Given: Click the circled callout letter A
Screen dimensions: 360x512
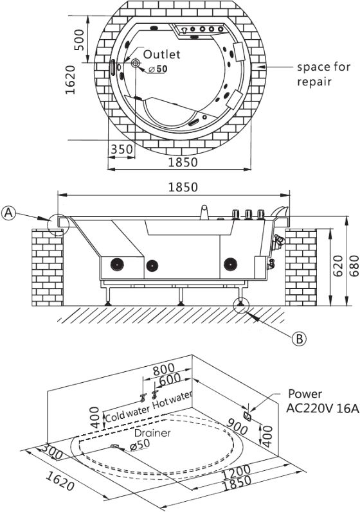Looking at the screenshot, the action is pyautogui.click(x=9, y=213).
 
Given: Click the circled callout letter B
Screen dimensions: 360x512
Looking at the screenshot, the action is pyautogui.click(x=299, y=339).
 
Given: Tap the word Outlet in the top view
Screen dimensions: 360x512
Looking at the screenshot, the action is pyautogui.click(x=162, y=54).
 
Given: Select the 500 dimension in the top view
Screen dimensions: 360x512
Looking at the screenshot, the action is pyautogui.click(x=78, y=40).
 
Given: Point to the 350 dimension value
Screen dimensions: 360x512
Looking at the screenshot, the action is pyautogui.click(x=122, y=150).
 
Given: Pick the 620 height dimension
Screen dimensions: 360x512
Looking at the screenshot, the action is pyautogui.click(x=338, y=265).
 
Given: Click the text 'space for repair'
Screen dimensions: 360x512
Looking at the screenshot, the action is pyautogui.click(x=323, y=74).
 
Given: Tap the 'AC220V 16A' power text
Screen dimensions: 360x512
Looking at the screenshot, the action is pyautogui.click(x=323, y=408).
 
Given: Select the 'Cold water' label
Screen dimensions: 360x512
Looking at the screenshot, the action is pyautogui.click(x=127, y=413).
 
